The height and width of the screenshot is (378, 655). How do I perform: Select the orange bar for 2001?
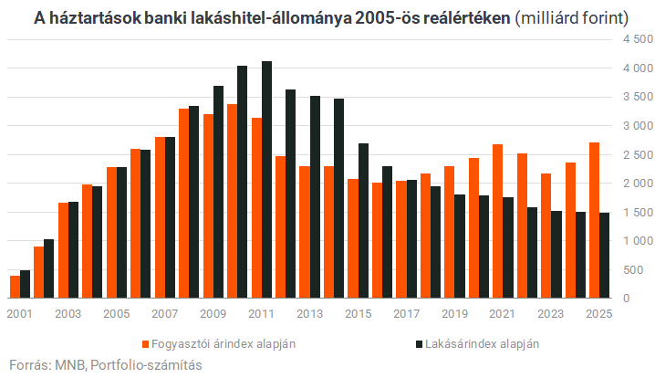pos(16,287)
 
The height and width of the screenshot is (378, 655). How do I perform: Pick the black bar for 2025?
pos(604,256)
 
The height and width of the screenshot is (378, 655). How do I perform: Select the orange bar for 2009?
pos(208,206)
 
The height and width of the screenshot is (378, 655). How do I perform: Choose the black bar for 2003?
pos(74,250)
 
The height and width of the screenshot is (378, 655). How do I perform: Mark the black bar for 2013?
pos(315,197)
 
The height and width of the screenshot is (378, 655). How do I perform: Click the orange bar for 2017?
pos(400,239)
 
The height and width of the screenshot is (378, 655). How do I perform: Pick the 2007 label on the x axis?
pos(164,313)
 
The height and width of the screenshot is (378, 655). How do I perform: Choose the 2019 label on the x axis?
pos(453,313)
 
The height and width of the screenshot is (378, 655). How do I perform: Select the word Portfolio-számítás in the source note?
pos(146,364)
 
